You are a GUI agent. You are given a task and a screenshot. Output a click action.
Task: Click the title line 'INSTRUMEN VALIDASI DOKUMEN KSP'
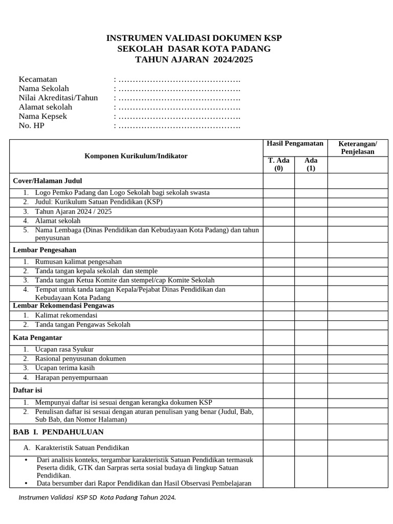click(x=194, y=38)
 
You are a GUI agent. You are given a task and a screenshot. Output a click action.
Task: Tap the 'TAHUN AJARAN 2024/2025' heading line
click(x=194, y=60)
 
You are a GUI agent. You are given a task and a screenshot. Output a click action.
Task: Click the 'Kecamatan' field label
click(x=38, y=79)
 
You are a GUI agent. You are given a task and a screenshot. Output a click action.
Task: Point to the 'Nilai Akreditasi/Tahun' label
click(x=58, y=98)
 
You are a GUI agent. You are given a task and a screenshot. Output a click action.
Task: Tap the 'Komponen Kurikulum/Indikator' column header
click(x=136, y=156)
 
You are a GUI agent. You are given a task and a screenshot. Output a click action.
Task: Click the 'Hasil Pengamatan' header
click(x=295, y=144)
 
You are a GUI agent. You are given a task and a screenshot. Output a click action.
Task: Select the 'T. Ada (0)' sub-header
click(x=279, y=164)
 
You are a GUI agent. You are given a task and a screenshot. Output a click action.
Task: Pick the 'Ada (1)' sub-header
click(x=311, y=164)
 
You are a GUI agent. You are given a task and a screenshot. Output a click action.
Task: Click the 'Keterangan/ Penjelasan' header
click(x=358, y=147)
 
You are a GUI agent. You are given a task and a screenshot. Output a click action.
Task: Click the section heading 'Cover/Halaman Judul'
click(x=48, y=181)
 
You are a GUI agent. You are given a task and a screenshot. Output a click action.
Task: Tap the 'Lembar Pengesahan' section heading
click(x=45, y=250)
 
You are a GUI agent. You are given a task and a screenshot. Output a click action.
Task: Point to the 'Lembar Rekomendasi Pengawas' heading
click(x=63, y=305)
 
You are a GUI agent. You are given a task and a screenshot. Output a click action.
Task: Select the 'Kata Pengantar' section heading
click(x=37, y=338)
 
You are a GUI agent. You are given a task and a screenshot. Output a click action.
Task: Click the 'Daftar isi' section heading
click(x=28, y=390)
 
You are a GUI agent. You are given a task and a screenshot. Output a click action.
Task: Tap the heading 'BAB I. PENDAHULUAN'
click(x=58, y=432)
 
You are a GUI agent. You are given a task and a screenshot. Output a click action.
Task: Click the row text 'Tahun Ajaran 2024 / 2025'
click(x=73, y=211)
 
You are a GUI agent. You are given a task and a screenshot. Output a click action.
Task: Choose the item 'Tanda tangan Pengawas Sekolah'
click(x=82, y=324)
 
